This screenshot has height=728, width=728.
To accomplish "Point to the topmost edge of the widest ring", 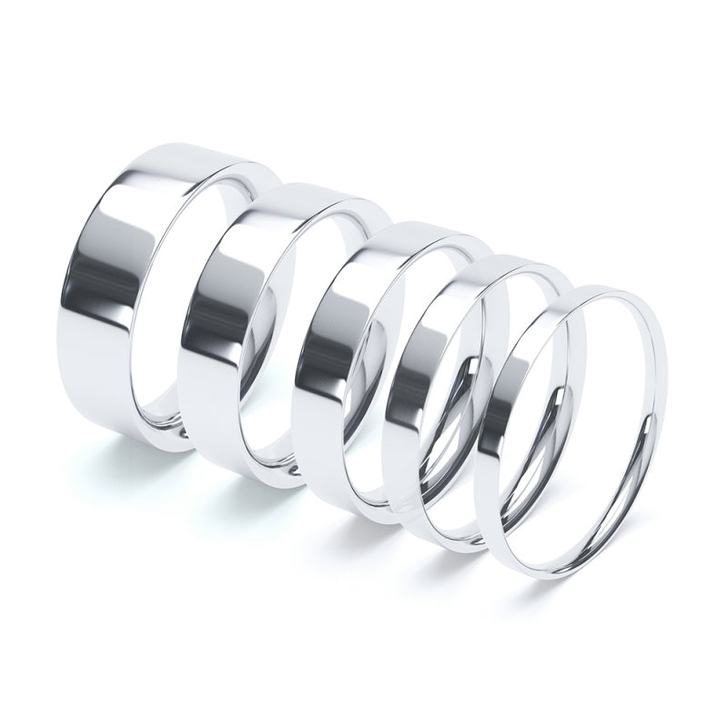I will pos(173,148).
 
